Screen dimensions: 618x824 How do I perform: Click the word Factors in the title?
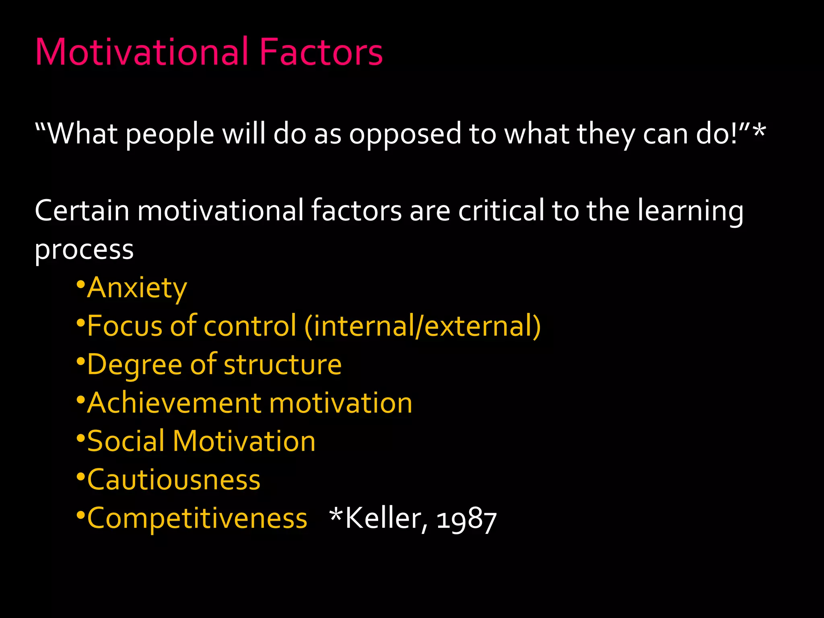pyautogui.click(x=321, y=52)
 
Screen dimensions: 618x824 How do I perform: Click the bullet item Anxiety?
pyautogui.click(x=137, y=288)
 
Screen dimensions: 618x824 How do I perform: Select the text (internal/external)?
pyautogui.click(x=422, y=326)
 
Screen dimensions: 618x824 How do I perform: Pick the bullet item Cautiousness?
pyautogui.click(x=174, y=480)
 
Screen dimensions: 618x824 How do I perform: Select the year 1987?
pyautogui.click(x=466, y=520)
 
